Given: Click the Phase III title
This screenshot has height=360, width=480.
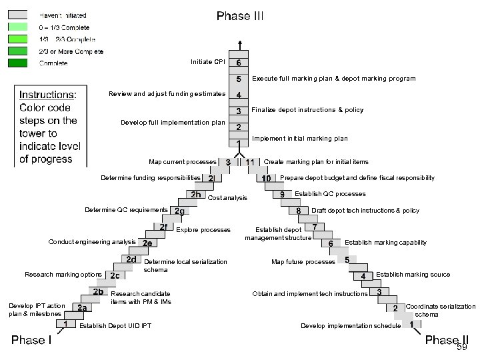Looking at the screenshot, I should [x=239, y=16].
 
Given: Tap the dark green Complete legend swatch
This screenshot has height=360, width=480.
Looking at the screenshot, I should [x=18, y=63].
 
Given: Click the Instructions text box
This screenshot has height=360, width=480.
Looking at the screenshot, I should [x=51, y=127].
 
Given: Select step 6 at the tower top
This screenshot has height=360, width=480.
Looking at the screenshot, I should [x=239, y=63].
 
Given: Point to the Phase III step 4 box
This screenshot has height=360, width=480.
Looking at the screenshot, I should [x=239, y=95].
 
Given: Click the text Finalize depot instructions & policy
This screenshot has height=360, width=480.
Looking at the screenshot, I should [x=307, y=110].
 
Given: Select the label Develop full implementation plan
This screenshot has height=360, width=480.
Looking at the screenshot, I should [x=173, y=123].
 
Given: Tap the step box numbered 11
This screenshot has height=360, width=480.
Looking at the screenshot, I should [x=251, y=162].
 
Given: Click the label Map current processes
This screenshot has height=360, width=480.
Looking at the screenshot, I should [x=183, y=161].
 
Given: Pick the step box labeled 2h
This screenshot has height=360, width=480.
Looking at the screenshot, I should [x=196, y=195].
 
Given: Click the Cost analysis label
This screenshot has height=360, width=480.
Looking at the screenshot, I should [x=227, y=198].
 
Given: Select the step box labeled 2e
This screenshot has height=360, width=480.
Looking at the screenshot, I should [x=147, y=243].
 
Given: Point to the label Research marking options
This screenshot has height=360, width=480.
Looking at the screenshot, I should [x=63, y=274].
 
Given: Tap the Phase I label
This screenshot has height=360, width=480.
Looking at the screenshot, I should [x=31, y=340].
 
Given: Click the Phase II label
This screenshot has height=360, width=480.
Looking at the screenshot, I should [x=446, y=340].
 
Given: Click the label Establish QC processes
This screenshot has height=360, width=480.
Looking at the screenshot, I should [x=330, y=194].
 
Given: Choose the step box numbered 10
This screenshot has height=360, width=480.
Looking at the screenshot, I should [x=266, y=179].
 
